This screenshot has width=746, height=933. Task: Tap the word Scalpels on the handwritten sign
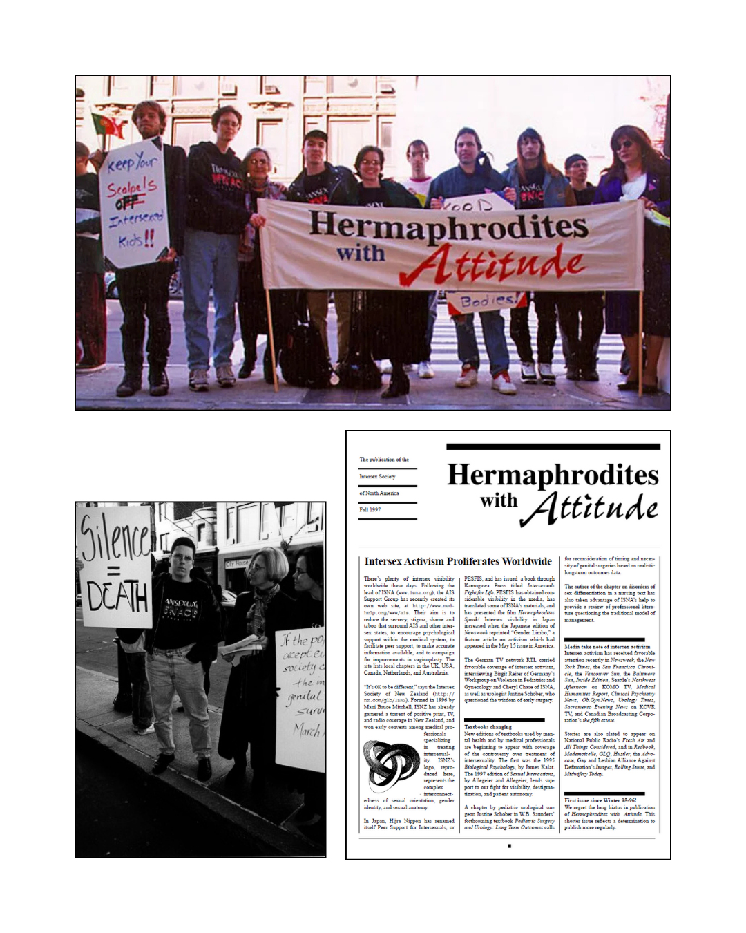(x=131, y=187)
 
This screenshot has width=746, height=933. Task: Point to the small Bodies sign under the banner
(x=487, y=301)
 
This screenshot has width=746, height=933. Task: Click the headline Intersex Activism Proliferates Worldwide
(x=458, y=561)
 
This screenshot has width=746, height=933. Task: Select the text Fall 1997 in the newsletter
(x=370, y=509)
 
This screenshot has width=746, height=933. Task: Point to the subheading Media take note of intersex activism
(x=607, y=647)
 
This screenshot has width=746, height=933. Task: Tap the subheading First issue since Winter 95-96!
(x=600, y=800)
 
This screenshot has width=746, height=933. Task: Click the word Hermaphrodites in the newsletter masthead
(x=553, y=475)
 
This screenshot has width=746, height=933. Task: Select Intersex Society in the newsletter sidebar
(x=377, y=476)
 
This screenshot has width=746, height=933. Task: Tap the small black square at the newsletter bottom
(x=509, y=845)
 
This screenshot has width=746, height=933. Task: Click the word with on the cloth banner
(x=361, y=253)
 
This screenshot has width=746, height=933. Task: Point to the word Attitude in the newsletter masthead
(x=589, y=508)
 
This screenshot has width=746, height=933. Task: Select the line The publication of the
(x=384, y=460)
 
